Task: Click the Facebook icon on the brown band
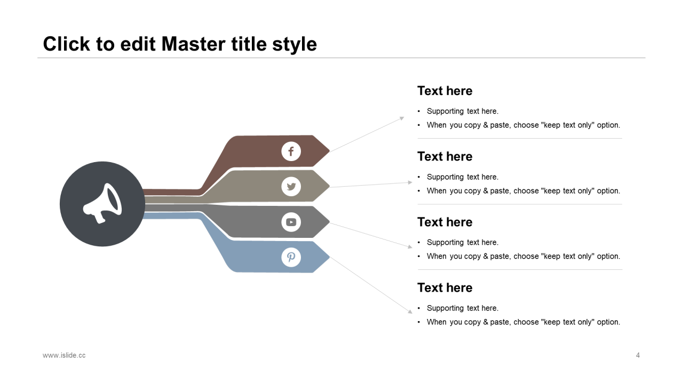tap(291, 151)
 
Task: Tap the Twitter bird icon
tap(291, 187)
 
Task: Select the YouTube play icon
tap(291, 222)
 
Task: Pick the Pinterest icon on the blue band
tap(291, 258)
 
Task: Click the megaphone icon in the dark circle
tap(102, 204)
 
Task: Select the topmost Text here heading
tap(444, 91)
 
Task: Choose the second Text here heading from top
tap(444, 156)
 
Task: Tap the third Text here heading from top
tap(444, 222)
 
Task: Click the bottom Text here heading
tap(444, 287)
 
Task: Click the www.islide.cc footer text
tap(64, 355)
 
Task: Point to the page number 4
tap(638, 355)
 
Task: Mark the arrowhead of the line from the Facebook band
tap(402, 118)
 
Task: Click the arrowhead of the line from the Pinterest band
tap(410, 311)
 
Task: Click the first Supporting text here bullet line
tap(462, 111)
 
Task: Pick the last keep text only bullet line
tap(523, 322)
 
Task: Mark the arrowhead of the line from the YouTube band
tap(410, 246)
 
